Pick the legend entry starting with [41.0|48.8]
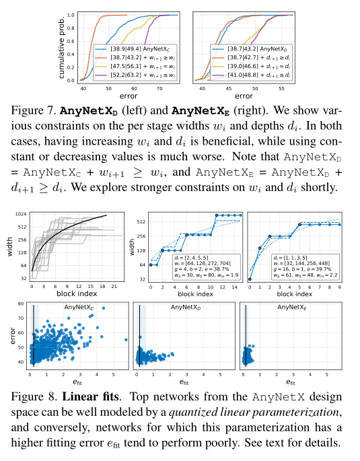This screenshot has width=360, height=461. coord(249,76)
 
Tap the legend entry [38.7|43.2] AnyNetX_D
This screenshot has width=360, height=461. coord(249,49)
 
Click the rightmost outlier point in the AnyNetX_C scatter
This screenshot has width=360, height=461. coord(125,340)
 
